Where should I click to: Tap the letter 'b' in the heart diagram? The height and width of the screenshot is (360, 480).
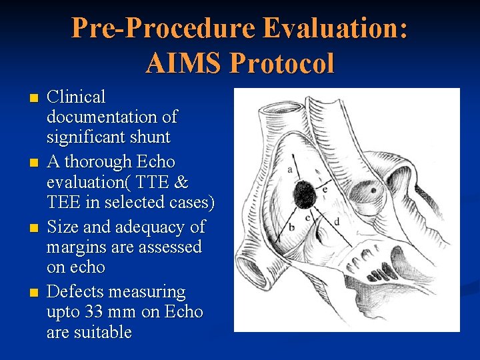pyautogui.click(x=291, y=227)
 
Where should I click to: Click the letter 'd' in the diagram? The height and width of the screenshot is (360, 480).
pyautogui.click(x=337, y=221)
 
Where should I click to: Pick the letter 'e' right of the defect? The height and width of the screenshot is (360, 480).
pyautogui.click(x=325, y=189)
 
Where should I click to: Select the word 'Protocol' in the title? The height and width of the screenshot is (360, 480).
pyautogui.click(x=281, y=63)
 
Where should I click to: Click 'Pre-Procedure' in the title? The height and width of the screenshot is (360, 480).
pyautogui.click(x=164, y=29)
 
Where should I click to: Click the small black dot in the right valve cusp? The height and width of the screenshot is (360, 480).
pyautogui.click(x=373, y=189)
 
